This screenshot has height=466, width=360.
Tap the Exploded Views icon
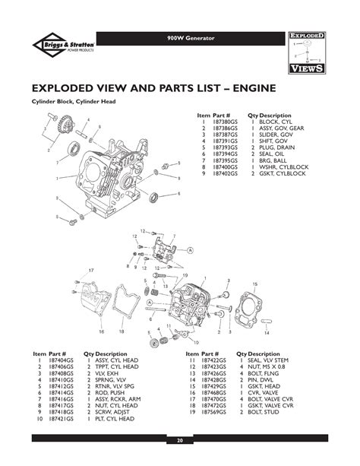(308, 52)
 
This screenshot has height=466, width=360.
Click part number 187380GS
(225, 122)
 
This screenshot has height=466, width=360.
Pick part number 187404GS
(62, 360)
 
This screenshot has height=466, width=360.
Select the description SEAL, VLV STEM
(269, 360)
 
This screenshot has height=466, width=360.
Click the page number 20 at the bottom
(180, 440)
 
